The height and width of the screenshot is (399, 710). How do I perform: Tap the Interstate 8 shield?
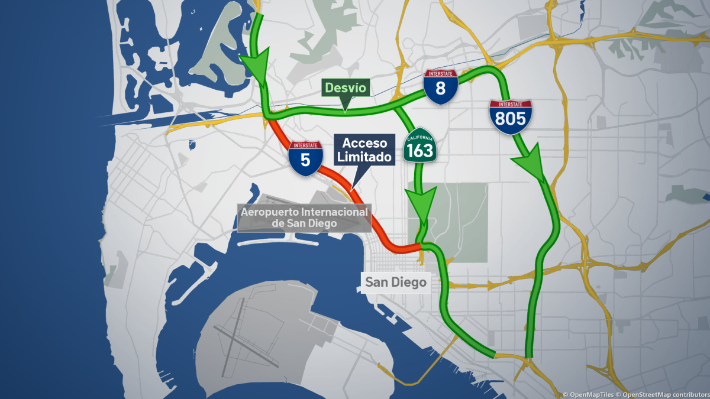pos(440,87)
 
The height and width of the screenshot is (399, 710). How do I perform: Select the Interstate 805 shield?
pos(510,117)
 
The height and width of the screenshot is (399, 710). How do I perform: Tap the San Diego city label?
pos(395,283)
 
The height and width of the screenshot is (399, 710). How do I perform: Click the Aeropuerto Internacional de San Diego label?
pos(304,218)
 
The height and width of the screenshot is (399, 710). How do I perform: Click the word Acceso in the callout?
pos(365,144)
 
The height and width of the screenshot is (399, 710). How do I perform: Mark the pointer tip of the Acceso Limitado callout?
pos(351,190)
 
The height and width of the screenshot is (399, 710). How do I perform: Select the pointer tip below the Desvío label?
pos(345,110)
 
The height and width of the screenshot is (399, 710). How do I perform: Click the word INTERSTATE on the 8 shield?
pos(440,74)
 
